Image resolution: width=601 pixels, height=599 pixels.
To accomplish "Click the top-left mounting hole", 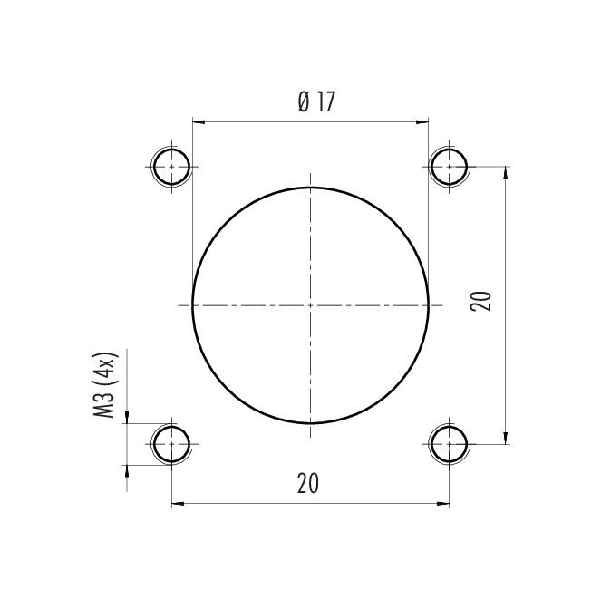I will coord(171,167).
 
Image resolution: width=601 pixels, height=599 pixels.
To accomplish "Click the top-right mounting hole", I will coord(449,167).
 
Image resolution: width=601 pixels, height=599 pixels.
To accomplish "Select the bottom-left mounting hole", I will coord(171,444).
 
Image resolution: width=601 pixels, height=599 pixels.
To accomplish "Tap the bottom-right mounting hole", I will coord(449,444).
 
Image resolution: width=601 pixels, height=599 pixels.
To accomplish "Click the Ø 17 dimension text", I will coord(316,102).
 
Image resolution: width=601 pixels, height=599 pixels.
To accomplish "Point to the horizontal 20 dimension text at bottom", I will coord(308,484).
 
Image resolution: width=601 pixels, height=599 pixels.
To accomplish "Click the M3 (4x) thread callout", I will coord(106,386).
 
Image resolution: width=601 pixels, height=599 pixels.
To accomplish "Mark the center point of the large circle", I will coord(310,305).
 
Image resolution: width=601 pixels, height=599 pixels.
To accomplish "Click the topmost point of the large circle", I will coord(310,188).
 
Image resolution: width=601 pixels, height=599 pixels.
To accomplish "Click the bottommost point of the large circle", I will coord(310,423).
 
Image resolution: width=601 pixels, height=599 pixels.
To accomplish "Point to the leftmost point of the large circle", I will coord(192,305).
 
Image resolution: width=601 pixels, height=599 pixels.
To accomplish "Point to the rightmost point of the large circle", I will coord(428,305).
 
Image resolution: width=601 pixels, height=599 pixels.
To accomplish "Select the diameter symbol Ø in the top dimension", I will coord(303,102).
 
